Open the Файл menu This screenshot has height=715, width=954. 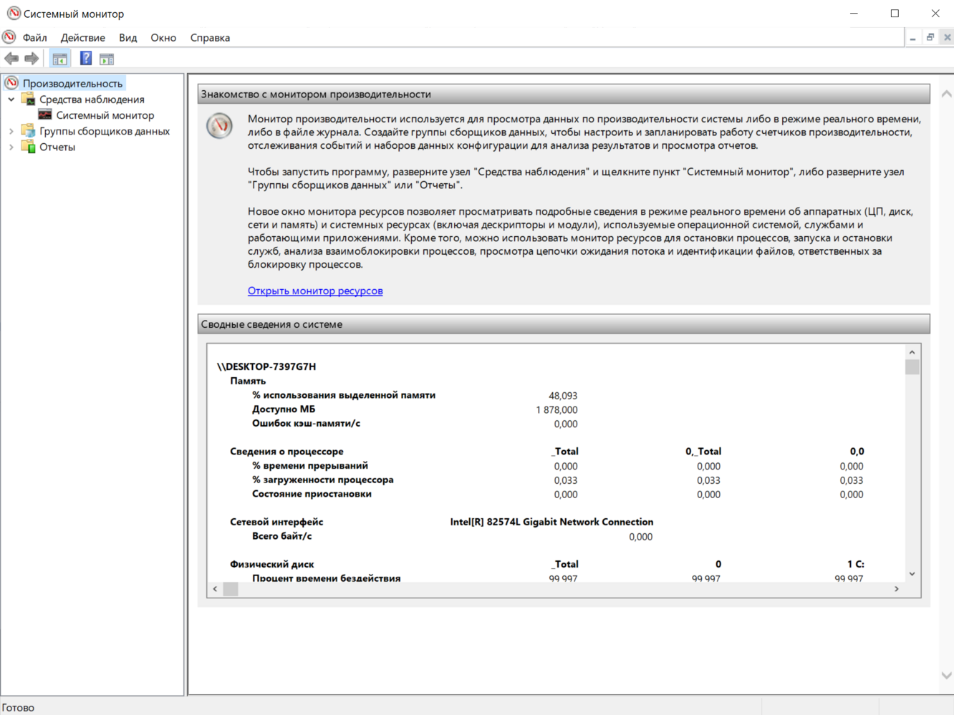34,38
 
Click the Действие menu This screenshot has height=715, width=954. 82,38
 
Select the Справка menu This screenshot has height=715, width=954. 210,38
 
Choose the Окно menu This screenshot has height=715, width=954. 163,38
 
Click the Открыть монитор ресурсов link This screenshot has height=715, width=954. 315,291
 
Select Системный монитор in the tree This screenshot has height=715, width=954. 105,115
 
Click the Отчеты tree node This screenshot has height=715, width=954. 57,147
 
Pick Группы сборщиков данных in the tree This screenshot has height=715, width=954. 105,132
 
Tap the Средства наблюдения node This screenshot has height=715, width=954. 92,99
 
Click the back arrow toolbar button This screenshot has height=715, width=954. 11,59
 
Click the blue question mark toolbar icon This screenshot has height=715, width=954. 86,59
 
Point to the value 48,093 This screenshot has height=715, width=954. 563,396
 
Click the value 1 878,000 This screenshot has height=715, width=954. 556,410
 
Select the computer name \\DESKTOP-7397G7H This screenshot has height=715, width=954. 266,366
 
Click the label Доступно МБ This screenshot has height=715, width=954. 284,409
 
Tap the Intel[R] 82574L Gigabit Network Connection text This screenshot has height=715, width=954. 551,522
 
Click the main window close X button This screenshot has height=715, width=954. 935,14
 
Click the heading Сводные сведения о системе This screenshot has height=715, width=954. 271,324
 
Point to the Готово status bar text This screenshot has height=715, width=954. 19,708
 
